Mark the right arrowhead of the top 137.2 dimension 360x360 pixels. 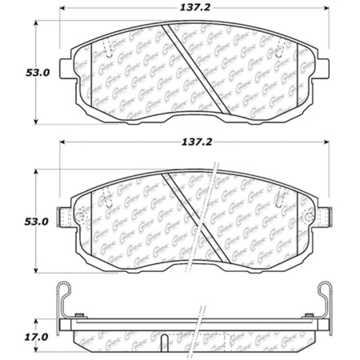click(330, 11)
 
